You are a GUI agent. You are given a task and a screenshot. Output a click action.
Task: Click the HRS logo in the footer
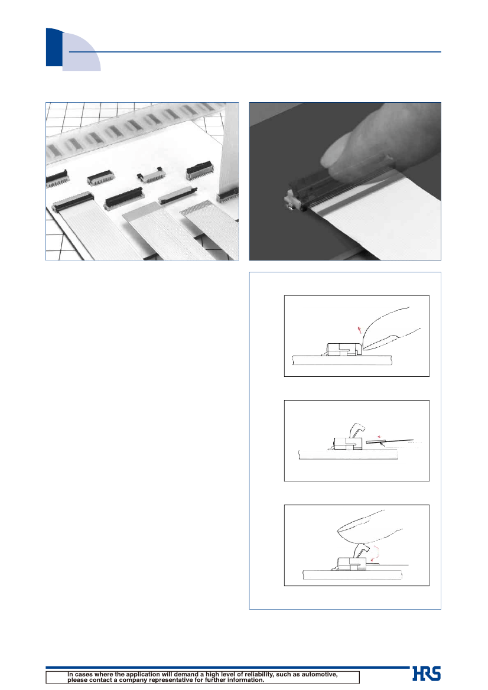[427, 673]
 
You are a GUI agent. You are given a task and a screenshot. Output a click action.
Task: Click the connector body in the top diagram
[344, 350]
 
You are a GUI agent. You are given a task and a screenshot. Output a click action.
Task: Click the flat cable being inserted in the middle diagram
[389, 441]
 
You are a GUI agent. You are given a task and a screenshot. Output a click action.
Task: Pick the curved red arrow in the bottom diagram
[375, 551]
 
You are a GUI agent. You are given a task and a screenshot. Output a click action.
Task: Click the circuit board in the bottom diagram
[353, 574]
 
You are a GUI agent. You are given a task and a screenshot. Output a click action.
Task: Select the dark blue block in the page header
[54, 47]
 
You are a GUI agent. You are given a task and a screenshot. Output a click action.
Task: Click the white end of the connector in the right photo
[292, 201]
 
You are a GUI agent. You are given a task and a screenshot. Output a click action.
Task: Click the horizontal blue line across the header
[255, 52]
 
